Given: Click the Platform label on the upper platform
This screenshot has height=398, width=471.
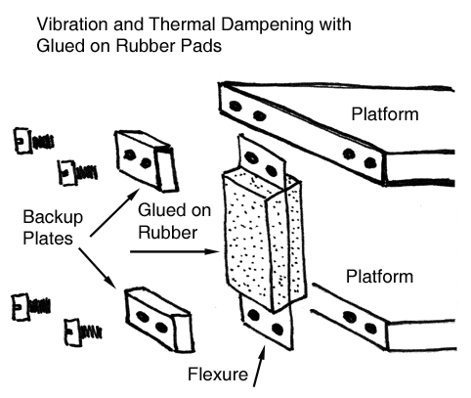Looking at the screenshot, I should [386, 115].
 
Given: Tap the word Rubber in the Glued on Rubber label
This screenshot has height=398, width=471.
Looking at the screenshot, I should [168, 233].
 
